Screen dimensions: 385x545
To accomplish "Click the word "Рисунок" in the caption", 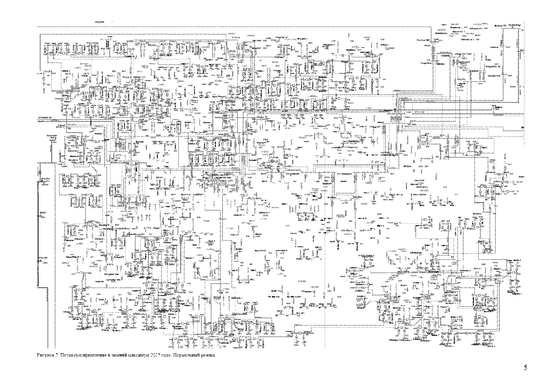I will pos(45,356).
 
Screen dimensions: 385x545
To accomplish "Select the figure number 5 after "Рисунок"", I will pos(56,356).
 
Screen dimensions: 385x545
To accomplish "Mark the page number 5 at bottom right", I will pos(525,367).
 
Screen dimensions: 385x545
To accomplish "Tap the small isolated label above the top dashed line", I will pos(100,22).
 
